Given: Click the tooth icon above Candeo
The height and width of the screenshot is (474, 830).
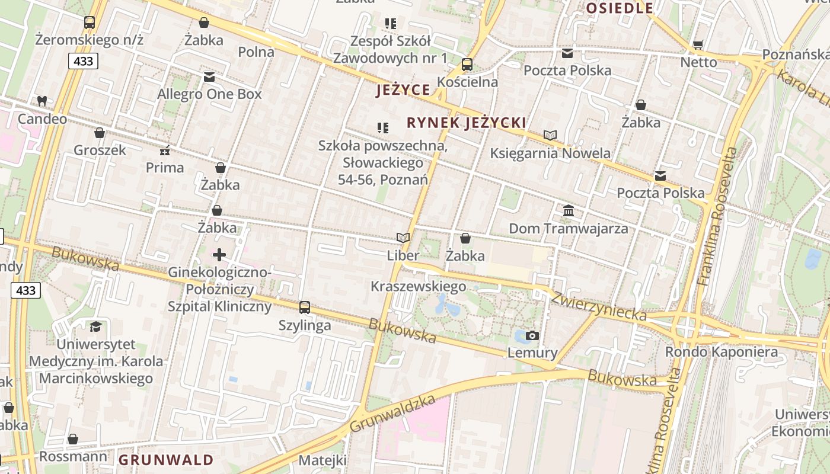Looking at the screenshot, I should click(x=41, y=101).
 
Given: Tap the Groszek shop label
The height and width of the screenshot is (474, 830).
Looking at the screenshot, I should click(x=100, y=150).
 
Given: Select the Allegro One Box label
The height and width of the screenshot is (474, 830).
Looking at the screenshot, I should click(x=209, y=94).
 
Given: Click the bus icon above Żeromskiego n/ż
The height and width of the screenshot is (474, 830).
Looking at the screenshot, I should click(x=90, y=23).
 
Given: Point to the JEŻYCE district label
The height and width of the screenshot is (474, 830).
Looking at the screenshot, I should click(x=403, y=90).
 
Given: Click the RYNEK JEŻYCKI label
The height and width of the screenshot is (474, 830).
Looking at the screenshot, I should click(x=467, y=123).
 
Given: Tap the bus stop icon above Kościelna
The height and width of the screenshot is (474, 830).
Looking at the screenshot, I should click(x=467, y=65).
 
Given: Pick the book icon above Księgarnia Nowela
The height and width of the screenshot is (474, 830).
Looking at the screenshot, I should click(x=550, y=136).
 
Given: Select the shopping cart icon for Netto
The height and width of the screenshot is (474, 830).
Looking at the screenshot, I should click(x=698, y=45).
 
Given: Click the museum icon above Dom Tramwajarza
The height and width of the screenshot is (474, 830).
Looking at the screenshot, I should click(x=568, y=210).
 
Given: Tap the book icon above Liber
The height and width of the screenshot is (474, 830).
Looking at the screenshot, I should click(x=403, y=238).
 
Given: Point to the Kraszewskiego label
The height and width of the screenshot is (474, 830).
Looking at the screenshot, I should click(x=418, y=287).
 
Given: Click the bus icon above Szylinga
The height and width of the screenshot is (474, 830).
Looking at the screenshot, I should click(x=305, y=308).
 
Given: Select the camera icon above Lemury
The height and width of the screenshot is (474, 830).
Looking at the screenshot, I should click(x=532, y=336).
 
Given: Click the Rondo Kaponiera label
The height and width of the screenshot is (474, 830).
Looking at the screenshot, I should click(x=721, y=352).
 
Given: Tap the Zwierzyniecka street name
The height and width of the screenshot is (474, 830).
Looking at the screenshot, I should click(x=599, y=306).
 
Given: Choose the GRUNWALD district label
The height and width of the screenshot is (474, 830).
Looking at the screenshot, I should click(x=166, y=460).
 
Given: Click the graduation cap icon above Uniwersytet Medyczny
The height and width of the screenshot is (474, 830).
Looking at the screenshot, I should click(x=95, y=326).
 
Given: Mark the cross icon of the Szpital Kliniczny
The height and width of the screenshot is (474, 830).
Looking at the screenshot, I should click(x=219, y=255).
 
